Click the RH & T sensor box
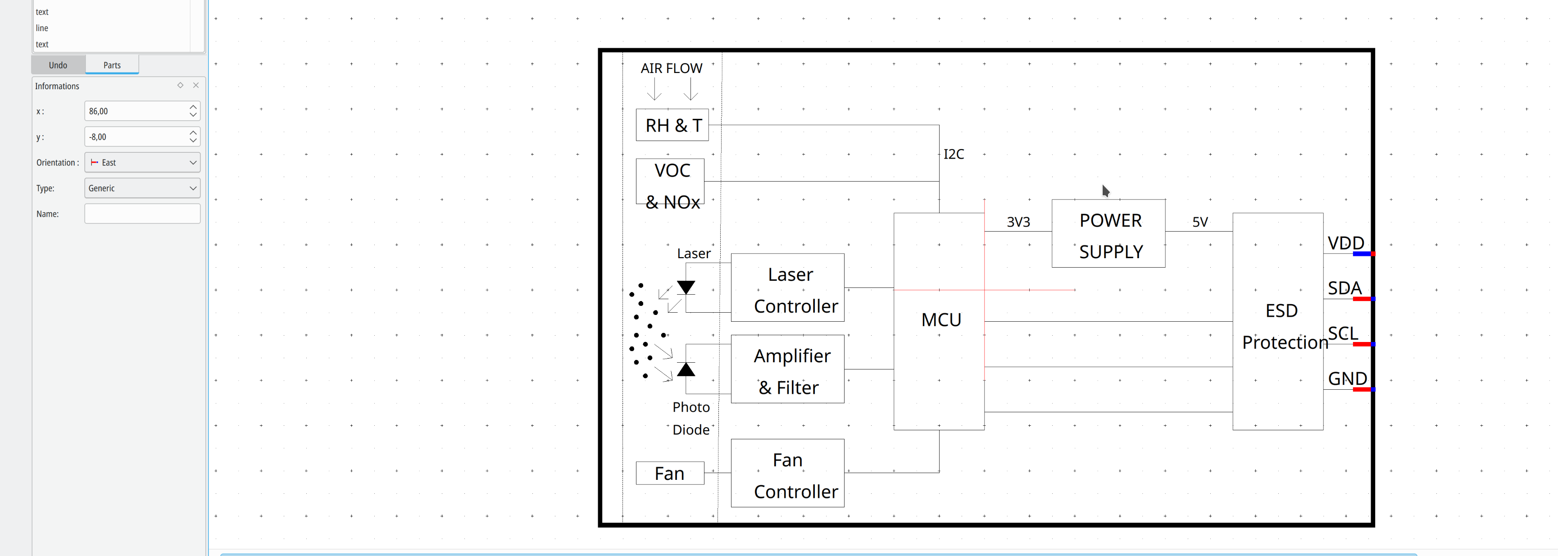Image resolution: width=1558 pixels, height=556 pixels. point(672,125)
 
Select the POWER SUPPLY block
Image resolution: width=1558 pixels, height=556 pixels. point(1108,233)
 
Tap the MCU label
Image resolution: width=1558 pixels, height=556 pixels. point(941,319)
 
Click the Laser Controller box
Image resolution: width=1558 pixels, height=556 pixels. point(787,287)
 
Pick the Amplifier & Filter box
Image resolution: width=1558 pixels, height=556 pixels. point(787,369)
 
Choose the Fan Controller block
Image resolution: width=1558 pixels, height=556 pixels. point(787,473)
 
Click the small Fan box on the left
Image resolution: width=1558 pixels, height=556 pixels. point(669,473)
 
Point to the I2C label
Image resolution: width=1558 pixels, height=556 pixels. point(954,154)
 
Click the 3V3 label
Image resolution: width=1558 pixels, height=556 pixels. point(1018,222)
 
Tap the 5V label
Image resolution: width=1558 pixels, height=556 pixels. point(1200,222)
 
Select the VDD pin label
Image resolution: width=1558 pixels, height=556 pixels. point(1346,243)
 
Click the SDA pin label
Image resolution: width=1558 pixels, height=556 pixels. point(1345,288)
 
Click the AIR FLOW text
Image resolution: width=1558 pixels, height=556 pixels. point(671,68)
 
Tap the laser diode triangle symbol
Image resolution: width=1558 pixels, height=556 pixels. point(686,287)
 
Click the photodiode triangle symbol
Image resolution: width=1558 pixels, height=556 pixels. point(686,369)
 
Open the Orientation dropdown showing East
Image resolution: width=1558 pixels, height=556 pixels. point(142,162)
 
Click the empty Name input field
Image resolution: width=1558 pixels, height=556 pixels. point(142,214)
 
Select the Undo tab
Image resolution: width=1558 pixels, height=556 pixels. point(58,65)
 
